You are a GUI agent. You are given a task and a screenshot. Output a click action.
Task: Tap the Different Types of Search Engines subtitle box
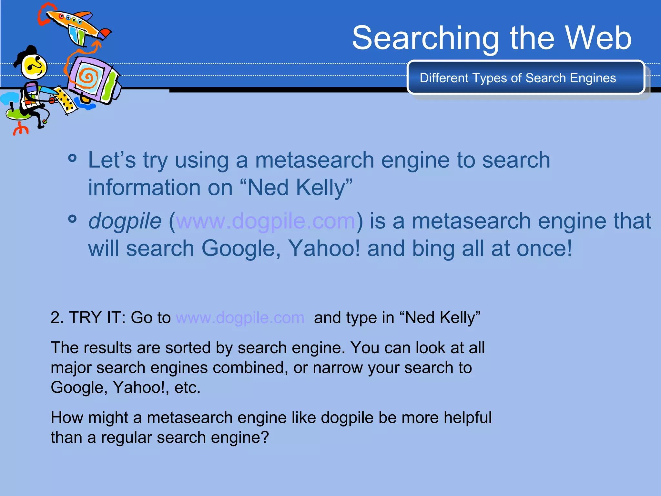(x=525, y=78)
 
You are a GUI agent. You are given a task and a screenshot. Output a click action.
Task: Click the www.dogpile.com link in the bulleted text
(x=265, y=221)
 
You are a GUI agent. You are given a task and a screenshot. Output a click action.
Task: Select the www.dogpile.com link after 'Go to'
(x=240, y=318)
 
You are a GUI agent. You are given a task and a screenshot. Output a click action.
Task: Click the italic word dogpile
(x=125, y=222)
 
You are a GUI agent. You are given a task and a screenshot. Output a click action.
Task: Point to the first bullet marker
(x=73, y=158)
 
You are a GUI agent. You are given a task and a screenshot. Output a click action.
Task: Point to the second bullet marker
(x=73, y=219)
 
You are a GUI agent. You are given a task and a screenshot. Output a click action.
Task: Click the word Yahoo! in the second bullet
(x=324, y=248)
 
